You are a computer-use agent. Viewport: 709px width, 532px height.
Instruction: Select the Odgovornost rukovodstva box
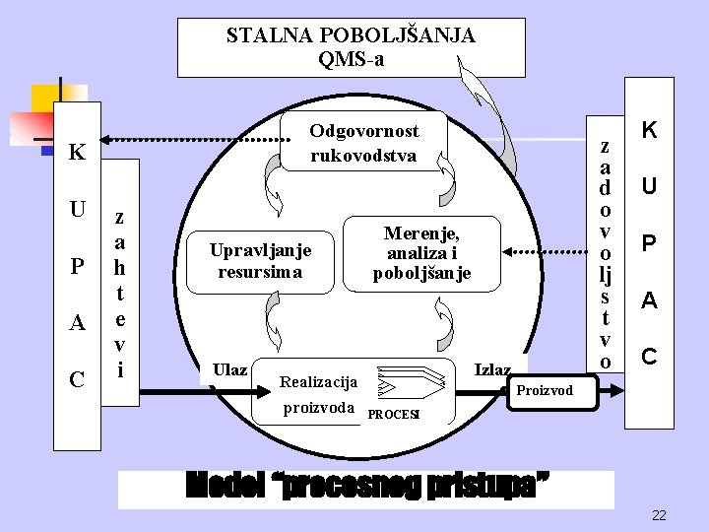point(364,144)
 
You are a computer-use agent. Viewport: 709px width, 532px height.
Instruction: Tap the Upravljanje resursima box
point(260,260)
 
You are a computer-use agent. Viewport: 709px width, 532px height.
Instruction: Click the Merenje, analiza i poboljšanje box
point(421,253)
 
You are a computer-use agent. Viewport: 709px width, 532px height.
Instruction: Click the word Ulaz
point(229,369)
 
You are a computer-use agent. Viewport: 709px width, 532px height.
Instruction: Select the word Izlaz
point(492,369)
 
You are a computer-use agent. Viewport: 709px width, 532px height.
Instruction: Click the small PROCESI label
point(393,414)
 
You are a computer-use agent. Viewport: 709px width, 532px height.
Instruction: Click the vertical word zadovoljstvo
point(605,254)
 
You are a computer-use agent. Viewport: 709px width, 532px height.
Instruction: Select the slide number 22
point(659,515)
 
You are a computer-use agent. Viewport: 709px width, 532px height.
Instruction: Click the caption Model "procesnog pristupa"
point(366,488)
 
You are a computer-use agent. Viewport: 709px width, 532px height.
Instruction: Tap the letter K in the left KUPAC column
point(77,155)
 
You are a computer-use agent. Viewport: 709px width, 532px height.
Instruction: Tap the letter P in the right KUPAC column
point(649,242)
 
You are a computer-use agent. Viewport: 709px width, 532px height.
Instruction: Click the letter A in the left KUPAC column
point(77,323)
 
